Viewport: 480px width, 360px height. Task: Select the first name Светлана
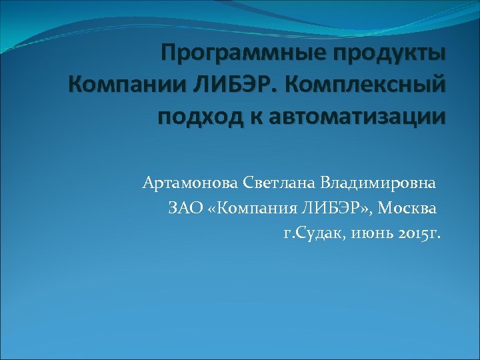pyautogui.click(x=279, y=183)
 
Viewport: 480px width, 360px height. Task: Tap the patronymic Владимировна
pyautogui.click(x=379, y=183)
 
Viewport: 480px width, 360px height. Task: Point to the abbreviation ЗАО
pyautogui.click(x=183, y=209)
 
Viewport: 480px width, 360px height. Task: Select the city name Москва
pyautogui.click(x=413, y=209)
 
